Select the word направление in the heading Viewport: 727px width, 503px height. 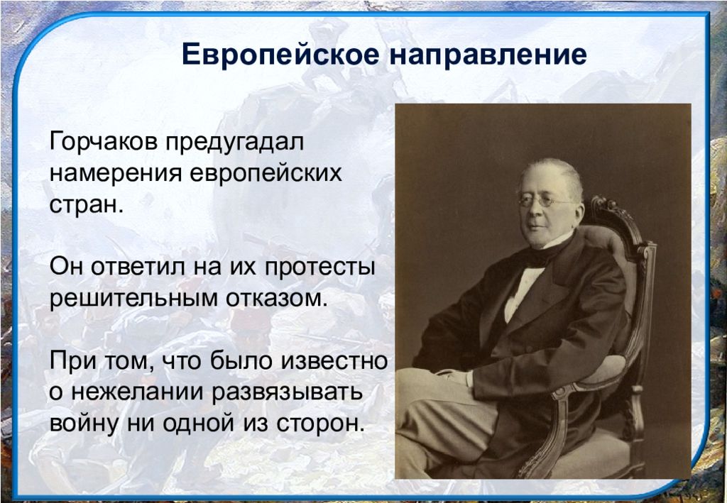pyautogui.click(x=488, y=55)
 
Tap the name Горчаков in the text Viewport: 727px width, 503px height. pyautogui.click(x=104, y=141)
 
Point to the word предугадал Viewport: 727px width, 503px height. pyautogui.click(x=235, y=142)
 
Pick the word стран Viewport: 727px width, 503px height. pyautogui.click(x=87, y=204)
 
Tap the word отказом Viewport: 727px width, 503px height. pyautogui.click(x=277, y=298)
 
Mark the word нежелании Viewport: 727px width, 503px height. pyautogui.click(x=138, y=392)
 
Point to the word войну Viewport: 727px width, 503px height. pyautogui.click(x=84, y=424)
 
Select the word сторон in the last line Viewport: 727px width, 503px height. pyautogui.click(x=320, y=424)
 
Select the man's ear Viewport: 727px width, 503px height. pyautogui.click(x=578, y=211)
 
